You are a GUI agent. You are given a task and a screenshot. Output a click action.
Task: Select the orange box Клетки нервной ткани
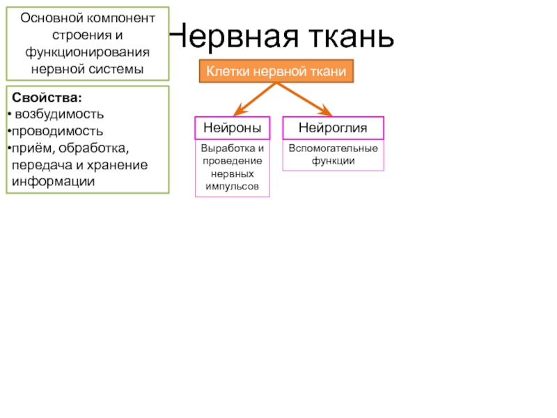[277, 72]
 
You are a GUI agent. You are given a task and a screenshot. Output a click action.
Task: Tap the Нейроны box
[233, 127]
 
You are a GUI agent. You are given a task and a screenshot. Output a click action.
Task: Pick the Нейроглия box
[333, 127]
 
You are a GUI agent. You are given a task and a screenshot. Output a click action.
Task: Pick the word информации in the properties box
[53, 181]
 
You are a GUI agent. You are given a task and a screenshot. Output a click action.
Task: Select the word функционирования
[88, 52]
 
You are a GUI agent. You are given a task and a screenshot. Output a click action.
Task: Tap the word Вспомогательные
[333, 149]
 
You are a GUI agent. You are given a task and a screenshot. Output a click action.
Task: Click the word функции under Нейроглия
[333, 161]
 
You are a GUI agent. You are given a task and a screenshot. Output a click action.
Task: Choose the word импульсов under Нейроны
[233, 187]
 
